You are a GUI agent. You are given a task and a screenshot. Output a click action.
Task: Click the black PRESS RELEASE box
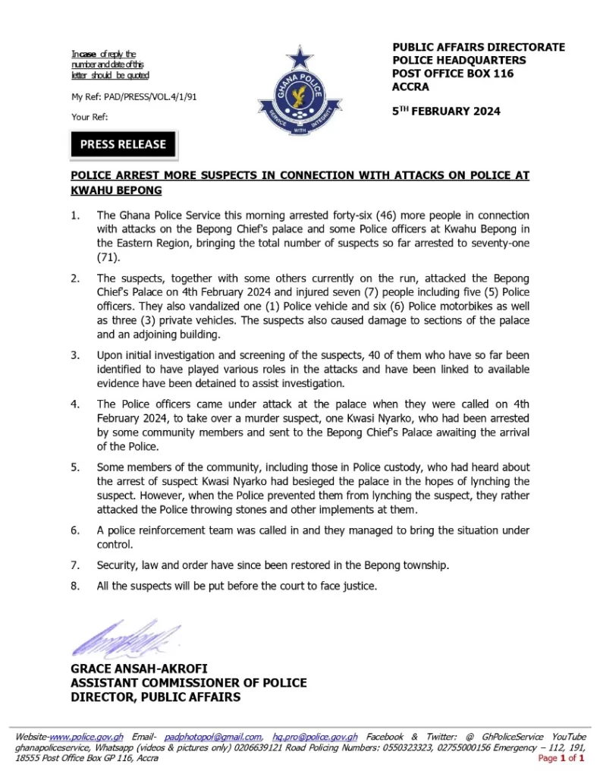coord(123,144)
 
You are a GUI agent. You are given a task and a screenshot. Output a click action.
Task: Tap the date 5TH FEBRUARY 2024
coord(447,111)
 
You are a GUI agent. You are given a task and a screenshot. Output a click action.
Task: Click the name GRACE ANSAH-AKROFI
coord(139,668)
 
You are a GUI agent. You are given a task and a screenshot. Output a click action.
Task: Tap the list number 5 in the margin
coord(74,467)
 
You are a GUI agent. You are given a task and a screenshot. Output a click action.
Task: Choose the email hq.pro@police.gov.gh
coord(315,737)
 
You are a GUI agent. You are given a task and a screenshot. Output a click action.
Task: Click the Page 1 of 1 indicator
coord(561,758)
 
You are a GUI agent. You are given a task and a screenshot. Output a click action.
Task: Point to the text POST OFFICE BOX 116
coord(453,74)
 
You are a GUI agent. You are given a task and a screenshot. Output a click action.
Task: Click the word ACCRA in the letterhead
coord(411,87)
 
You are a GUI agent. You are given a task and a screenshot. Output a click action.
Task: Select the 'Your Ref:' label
coord(90,117)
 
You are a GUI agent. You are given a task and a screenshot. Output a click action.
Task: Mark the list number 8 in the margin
coord(74,586)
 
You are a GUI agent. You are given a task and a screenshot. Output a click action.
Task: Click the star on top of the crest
coord(300,57)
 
